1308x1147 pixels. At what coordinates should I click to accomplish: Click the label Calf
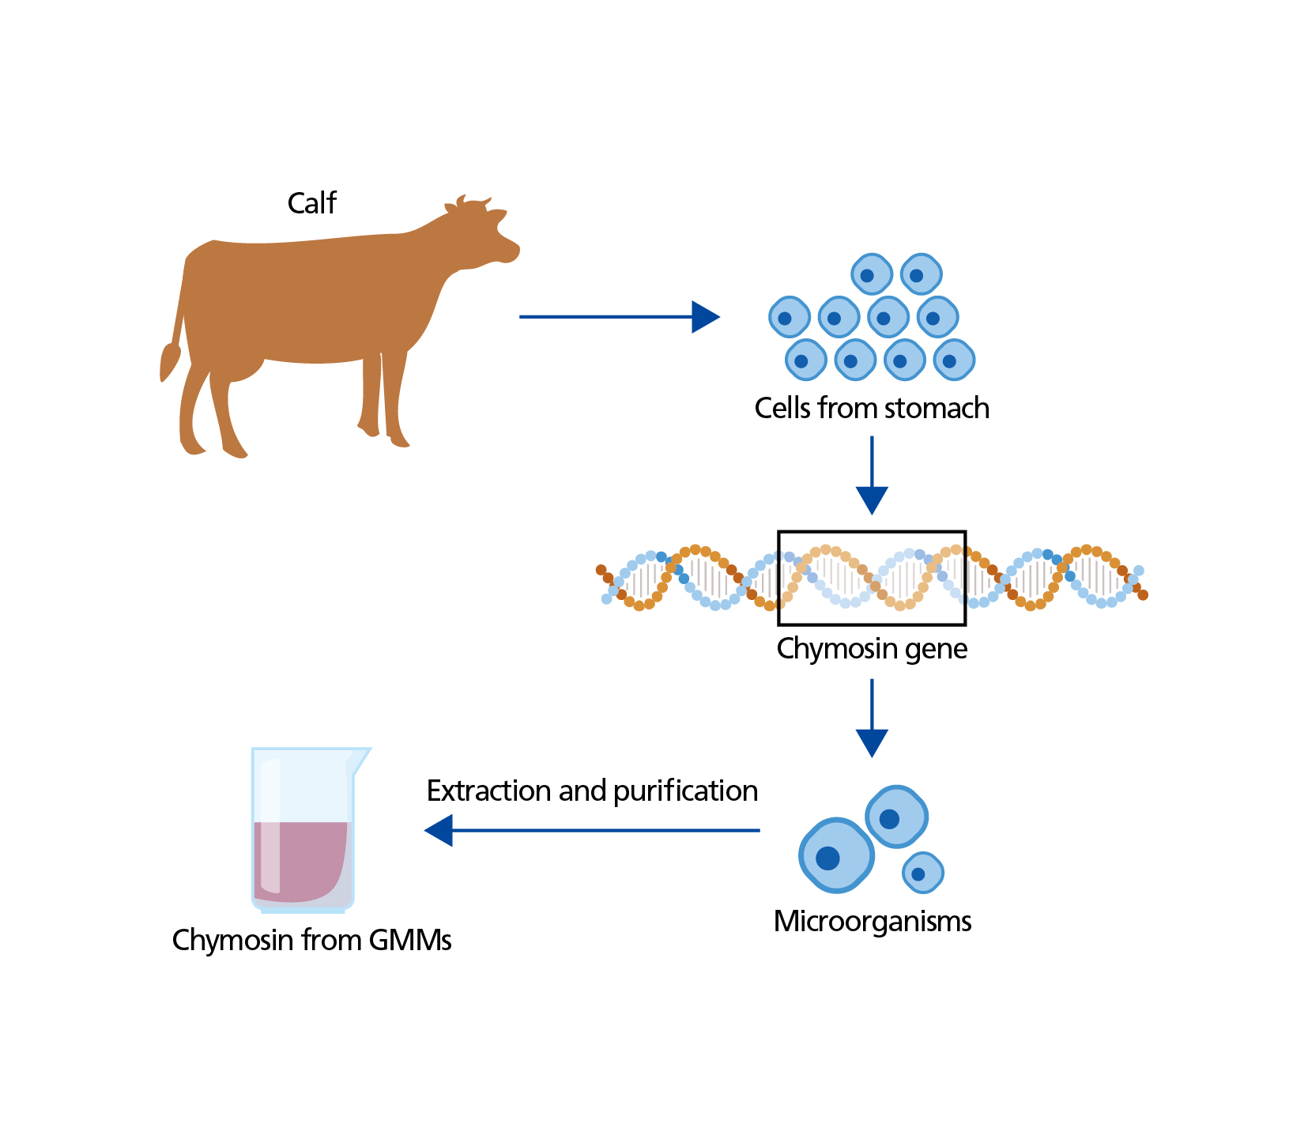[311, 203]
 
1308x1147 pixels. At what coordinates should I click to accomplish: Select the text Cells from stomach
[871, 408]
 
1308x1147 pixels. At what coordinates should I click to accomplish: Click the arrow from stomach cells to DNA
[872, 475]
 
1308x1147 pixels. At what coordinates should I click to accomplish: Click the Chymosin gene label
[872, 648]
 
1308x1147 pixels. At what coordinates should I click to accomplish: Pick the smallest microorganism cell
[922, 873]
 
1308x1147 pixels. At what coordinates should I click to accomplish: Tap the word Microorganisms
[872, 921]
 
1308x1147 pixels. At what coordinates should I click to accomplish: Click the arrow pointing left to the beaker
[593, 831]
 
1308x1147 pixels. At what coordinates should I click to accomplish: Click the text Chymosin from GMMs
[311, 940]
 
